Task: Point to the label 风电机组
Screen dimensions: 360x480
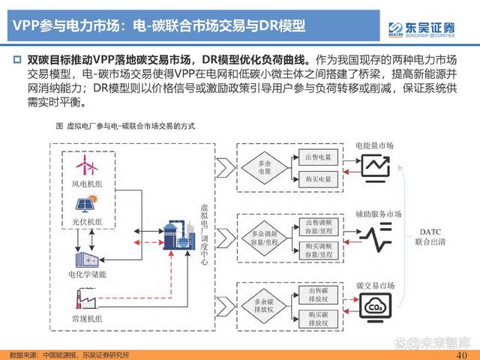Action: click(x=89, y=184)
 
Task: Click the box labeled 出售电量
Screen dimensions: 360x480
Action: click(x=318, y=157)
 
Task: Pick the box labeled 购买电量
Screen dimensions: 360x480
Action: click(x=318, y=179)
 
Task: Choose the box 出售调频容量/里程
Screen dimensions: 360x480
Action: click(x=318, y=227)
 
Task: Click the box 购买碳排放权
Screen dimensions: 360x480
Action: click(x=318, y=317)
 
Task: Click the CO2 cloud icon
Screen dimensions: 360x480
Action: click(x=373, y=306)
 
